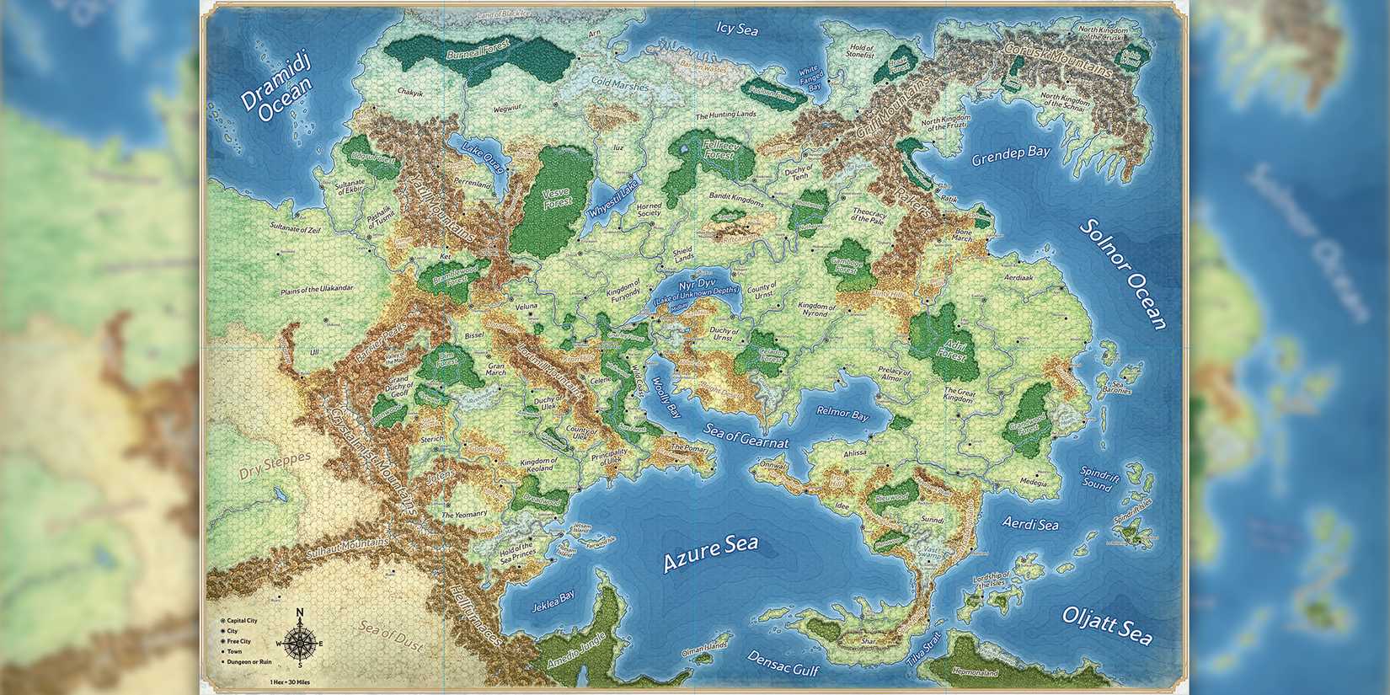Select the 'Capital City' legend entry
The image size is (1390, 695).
click(x=240, y=621)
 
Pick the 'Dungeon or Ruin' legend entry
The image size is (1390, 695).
click(x=247, y=661)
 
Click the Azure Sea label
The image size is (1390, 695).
click(x=710, y=553)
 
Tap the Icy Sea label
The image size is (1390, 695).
click(x=737, y=29)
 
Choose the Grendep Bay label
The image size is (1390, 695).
click(x=1011, y=156)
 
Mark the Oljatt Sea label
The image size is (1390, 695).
click(x=1107, y=625)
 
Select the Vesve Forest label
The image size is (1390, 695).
click(x=557, y=197)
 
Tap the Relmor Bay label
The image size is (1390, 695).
click(x=842, y=414)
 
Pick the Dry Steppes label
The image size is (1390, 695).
click(x=275, y=465)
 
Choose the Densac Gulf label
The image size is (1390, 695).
click(x=783, y=664)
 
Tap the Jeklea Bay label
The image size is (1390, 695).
click(x=553, y=601)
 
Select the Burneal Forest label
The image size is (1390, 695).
click(x=478, y=55)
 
